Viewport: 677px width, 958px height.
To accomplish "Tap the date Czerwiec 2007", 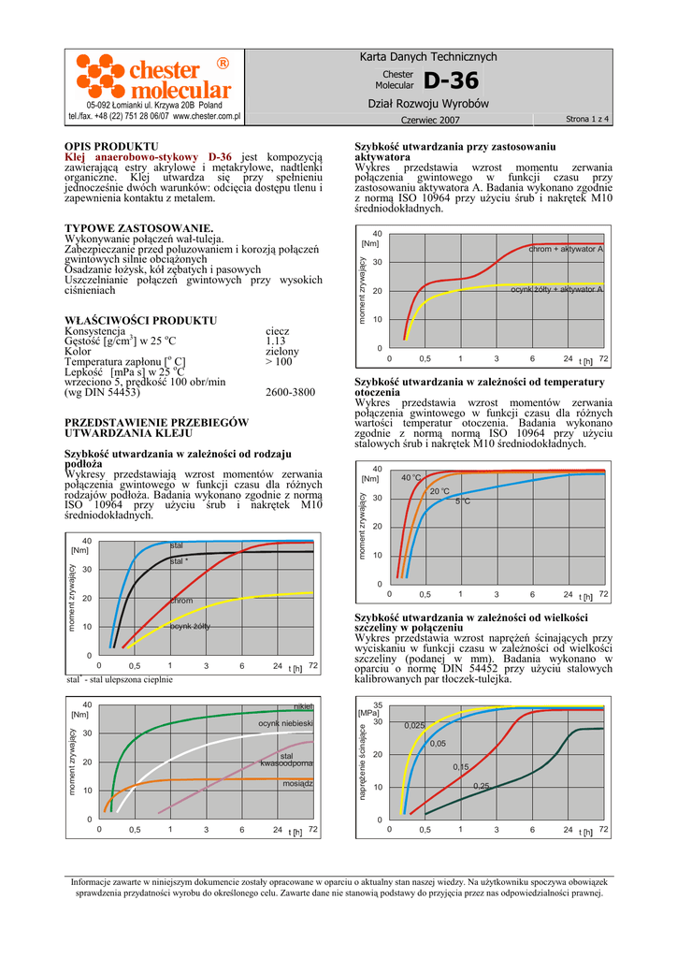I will tap(430, 121).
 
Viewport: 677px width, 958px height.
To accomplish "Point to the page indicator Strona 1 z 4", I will tap(587, 120).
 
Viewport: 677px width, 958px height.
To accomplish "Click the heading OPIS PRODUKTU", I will tap(110, 147).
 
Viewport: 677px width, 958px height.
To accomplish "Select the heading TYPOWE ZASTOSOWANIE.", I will tap(138, 228).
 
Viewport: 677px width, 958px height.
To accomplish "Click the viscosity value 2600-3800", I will tap(290, 393).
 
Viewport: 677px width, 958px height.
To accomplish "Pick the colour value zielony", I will tap(281, 352).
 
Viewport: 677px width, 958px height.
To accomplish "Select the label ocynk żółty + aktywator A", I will tap(556, 290).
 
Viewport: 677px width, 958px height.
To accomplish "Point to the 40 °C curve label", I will tap(411, 478).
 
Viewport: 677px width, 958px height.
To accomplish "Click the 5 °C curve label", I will tap(462, 502).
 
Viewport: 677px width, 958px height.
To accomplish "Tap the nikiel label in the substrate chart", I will tap(303, 706).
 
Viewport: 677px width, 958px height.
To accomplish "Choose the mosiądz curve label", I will tap(297, 783).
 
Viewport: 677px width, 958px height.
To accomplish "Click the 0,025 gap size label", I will tap(414, 726).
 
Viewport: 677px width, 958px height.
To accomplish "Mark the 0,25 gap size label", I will tap(481, 786).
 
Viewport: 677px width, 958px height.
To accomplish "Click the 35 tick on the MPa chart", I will tap(378, 704).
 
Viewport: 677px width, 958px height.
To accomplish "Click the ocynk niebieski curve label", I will tap(285, 724).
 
